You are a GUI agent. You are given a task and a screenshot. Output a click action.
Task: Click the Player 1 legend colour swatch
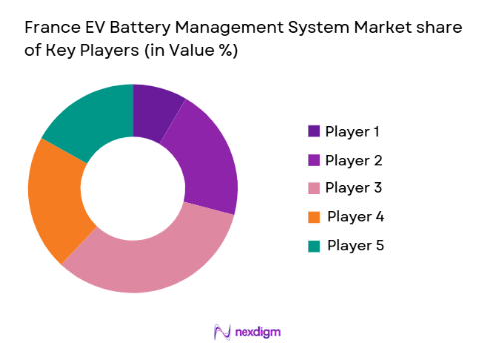[314, 131]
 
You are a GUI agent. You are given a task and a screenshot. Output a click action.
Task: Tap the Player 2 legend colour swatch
[314, 160]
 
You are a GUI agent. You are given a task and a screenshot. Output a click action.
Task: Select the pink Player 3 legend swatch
[314, 187]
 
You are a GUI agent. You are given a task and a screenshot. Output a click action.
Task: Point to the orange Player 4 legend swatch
[314, 216]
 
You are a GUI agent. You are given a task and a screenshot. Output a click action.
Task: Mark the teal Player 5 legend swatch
[314, 245]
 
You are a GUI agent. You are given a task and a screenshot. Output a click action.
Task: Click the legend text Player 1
[352, 131]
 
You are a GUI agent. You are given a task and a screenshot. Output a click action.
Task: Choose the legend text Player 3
[352, 187]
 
